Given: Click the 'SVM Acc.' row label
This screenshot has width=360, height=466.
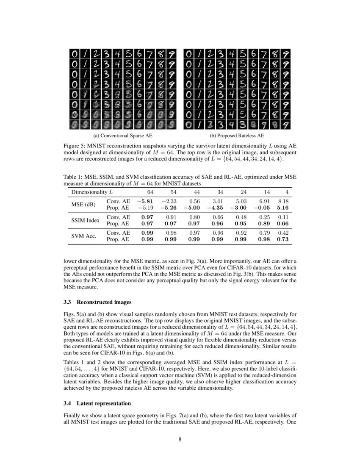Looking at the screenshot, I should pyautogui.click(x=83, y=236).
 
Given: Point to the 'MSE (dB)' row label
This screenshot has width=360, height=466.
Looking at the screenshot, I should pyautogui.click(x=83, y=204).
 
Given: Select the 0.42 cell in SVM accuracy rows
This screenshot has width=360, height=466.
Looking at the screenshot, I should pyautogui.click(x=282, y=233).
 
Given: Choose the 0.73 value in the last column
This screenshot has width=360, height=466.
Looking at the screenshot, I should pyautogui.click(x=282, y=239).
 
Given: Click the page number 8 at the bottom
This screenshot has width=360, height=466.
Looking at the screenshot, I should pyautogui.click(x=180, y=439).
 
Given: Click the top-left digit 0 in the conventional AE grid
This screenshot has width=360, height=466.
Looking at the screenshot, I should pyautogui.click(x=75, y=54).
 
